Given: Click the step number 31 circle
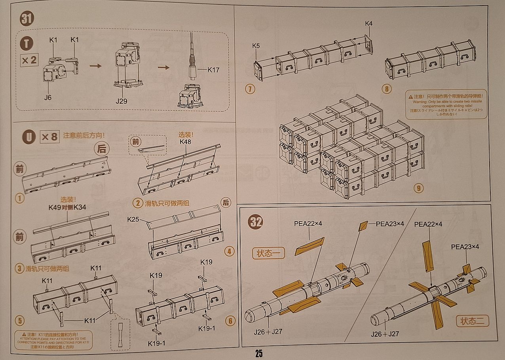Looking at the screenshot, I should coord(27,19).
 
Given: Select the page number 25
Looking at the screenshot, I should coord(259,353).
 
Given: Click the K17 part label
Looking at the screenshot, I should coord(213,70).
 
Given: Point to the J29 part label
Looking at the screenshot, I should coord(122,101).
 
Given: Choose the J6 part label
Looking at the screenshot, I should coord(47,97).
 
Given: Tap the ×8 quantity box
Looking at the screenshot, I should coord(49,137).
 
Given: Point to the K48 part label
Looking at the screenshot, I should coord(186,141).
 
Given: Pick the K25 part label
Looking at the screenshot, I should coord(133,219).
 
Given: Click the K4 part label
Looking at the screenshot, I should coord(368,24).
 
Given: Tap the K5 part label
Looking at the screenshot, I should coord(256,45).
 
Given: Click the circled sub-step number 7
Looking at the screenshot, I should coord(249,89).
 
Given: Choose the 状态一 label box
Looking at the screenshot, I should coord(268,253).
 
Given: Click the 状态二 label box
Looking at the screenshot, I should coord(472,320).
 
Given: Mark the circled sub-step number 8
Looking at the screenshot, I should coord(387,89).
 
